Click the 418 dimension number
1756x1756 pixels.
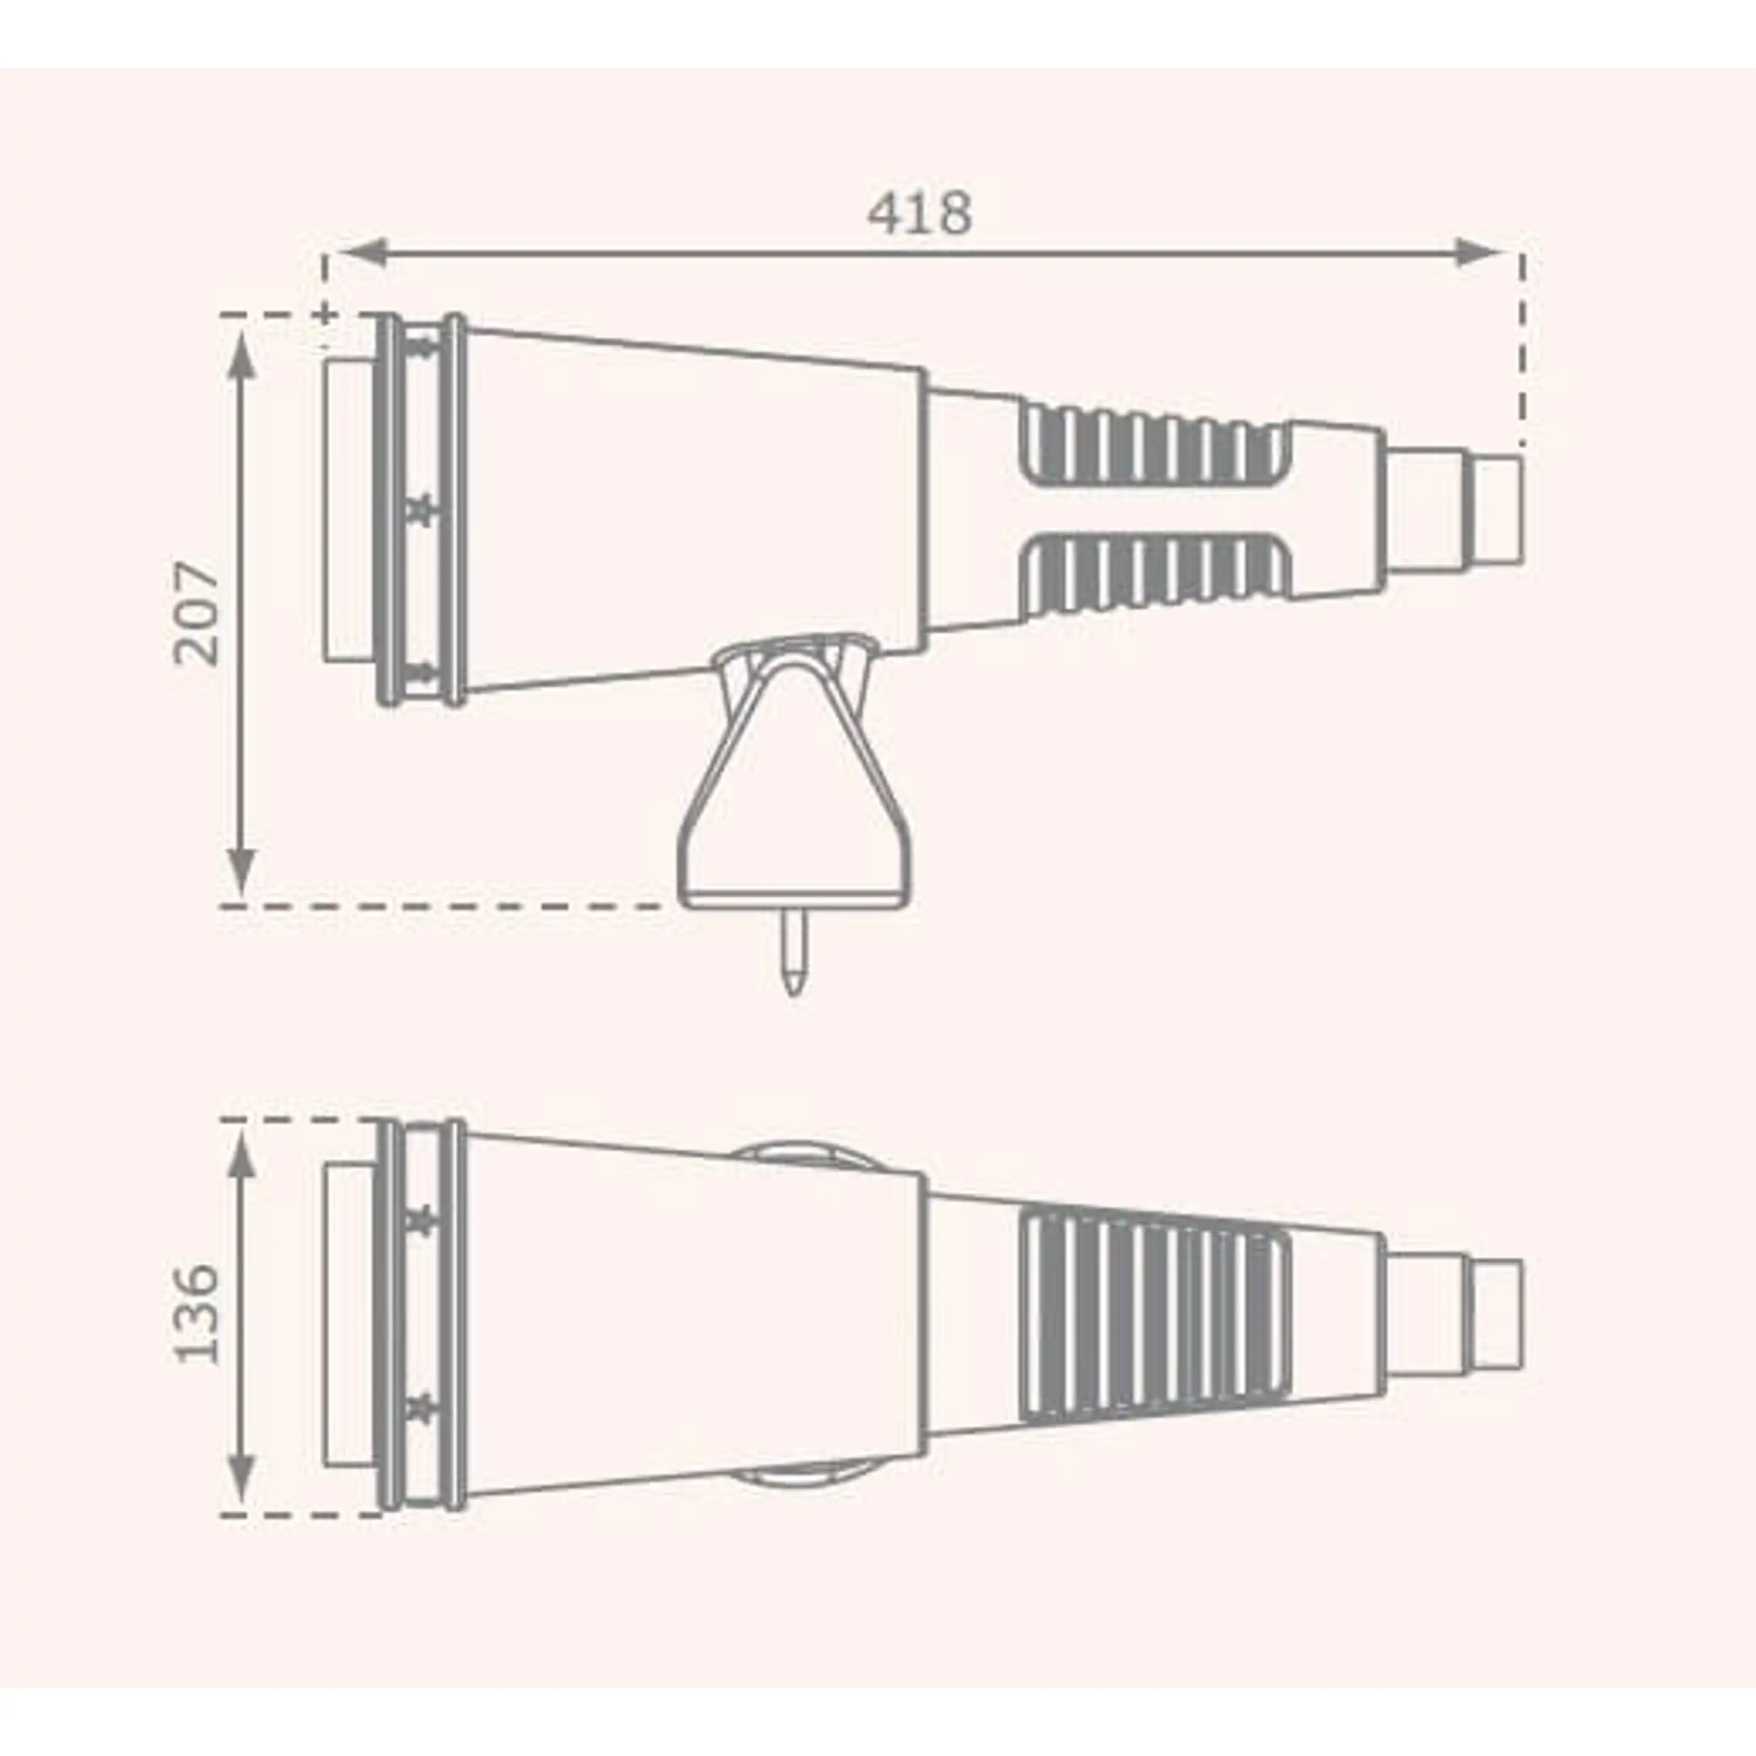tap(920, 212)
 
